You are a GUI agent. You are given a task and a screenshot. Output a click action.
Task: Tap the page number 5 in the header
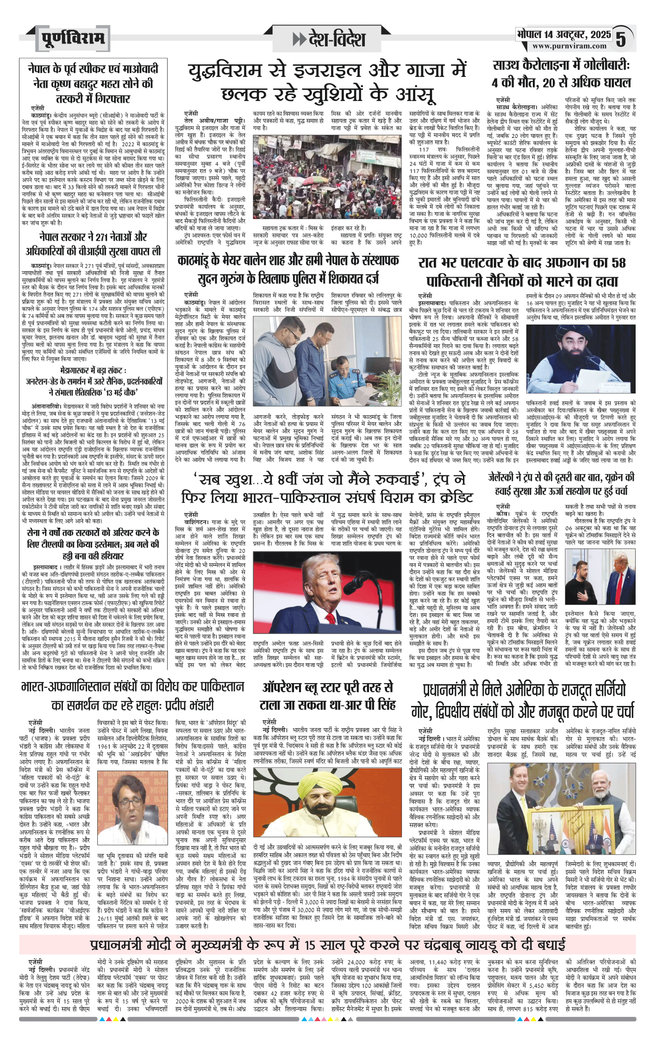point(621,39)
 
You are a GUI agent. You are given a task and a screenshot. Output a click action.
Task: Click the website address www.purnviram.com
point(569,46)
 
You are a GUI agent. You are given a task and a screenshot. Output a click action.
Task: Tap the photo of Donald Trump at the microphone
point(328,592)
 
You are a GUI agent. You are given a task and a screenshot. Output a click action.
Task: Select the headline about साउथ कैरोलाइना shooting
point(561,75)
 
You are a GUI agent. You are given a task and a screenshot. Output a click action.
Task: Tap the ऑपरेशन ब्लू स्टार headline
point(328,697)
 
